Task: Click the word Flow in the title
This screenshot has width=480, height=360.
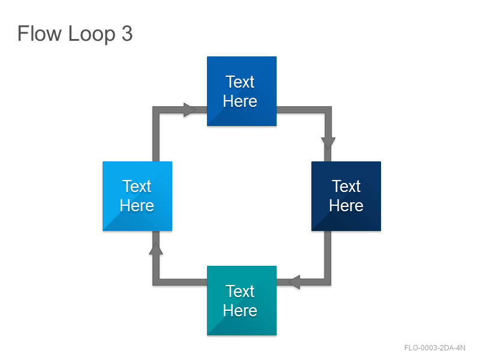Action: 40,33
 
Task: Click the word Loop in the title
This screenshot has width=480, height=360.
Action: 92,34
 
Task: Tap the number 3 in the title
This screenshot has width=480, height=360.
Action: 127,34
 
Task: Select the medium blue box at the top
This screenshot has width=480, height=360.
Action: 242,91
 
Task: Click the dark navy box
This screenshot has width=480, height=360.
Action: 346,196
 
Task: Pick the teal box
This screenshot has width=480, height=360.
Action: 242,301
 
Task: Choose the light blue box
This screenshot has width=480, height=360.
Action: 137,196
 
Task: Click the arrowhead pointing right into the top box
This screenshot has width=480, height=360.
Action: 190,110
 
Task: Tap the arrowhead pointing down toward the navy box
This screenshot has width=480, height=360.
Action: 328,143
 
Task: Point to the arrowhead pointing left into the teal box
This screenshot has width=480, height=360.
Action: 294,282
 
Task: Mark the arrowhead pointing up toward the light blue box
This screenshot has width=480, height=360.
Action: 156,248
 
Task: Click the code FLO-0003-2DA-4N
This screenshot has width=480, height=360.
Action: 434,348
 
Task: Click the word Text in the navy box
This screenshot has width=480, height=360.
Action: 346,186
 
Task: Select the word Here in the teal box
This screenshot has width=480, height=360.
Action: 240,310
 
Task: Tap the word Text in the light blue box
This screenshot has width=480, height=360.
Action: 137,186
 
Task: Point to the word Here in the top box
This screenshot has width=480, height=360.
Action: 240,101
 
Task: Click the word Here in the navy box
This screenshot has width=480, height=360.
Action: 346,205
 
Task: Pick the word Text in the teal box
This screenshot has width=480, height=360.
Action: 240,291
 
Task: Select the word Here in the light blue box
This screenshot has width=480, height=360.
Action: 137,205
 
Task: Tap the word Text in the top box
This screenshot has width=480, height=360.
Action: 240,82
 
